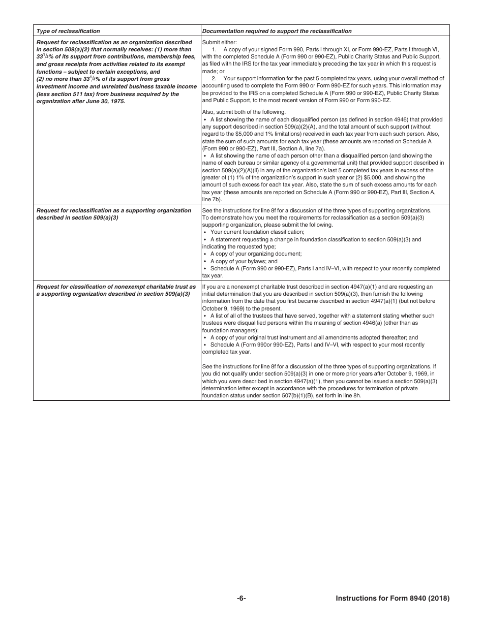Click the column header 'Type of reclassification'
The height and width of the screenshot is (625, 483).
68,31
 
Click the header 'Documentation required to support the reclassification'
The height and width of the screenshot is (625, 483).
277,31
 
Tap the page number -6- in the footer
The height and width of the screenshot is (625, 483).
242,598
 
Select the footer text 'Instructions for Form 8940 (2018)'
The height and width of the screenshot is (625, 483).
393,598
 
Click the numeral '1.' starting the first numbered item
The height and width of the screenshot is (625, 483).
214,49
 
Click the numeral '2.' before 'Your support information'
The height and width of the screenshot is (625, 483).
214,78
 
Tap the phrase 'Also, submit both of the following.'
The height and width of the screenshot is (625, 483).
244,112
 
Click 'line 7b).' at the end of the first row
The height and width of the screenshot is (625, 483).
212,199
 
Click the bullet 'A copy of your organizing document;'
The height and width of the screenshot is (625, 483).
256,254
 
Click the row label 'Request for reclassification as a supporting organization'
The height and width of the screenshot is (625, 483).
114,210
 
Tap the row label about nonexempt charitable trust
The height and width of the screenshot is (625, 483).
116,290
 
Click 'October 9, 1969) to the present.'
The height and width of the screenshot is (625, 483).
242,308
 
